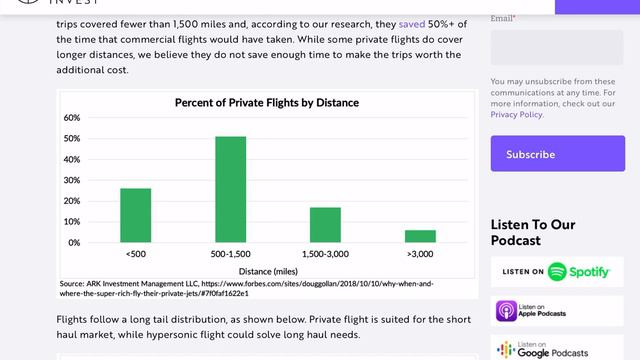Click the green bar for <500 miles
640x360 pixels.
click(135, 215)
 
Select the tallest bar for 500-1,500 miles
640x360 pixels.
click(231, 189)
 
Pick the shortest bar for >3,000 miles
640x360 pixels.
click(420, 236)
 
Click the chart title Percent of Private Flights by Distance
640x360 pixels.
click(266, 103)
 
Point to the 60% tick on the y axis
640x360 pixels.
click(72, 118)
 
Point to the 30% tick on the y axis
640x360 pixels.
click(72, 180)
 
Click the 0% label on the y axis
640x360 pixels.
click(74, 243)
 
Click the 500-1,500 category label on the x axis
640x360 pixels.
click(231, 255)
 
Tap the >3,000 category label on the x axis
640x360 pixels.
click(420, 255)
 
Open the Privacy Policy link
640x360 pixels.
click(516, 115)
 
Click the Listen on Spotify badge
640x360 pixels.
click(557, 272)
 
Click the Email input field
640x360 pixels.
click(557, 47)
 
